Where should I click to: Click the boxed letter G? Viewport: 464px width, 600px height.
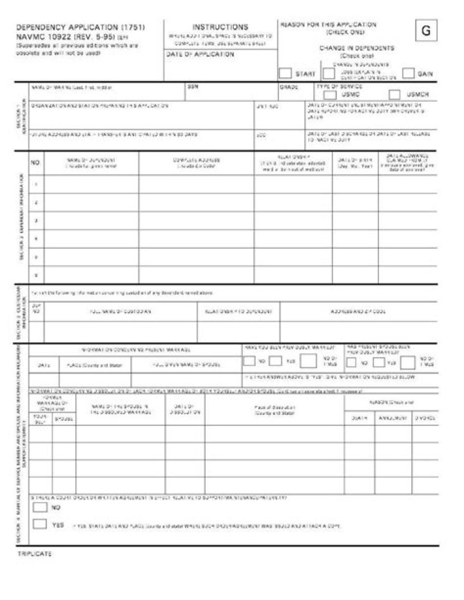tap(425, 31)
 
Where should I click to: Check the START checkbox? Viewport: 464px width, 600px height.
tap(285, 73)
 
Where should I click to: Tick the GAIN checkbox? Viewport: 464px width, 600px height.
tap(408, 73)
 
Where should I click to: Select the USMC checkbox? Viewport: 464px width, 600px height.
tap(330, 94)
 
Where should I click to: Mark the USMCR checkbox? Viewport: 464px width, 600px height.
tap(395, 94)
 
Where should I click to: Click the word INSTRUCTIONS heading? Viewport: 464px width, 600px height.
tap(220, 28)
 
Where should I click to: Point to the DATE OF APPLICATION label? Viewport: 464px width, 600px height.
tap(191, 55)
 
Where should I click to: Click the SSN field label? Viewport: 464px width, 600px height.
tap(193, 86)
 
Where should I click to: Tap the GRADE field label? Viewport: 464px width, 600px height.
tap(286, 86)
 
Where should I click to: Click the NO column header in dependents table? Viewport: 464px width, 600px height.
tap(35, 163)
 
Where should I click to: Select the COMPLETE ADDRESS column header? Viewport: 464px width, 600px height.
tap(197, 161)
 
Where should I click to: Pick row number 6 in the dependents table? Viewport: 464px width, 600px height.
tap(35, 275)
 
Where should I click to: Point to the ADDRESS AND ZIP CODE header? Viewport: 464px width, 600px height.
tap(358, 311)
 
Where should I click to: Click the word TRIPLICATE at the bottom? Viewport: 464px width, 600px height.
tap(34, 554)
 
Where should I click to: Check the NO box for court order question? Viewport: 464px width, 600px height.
tap(40, 507)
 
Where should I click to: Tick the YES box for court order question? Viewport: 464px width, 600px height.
tap(40, 524)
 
